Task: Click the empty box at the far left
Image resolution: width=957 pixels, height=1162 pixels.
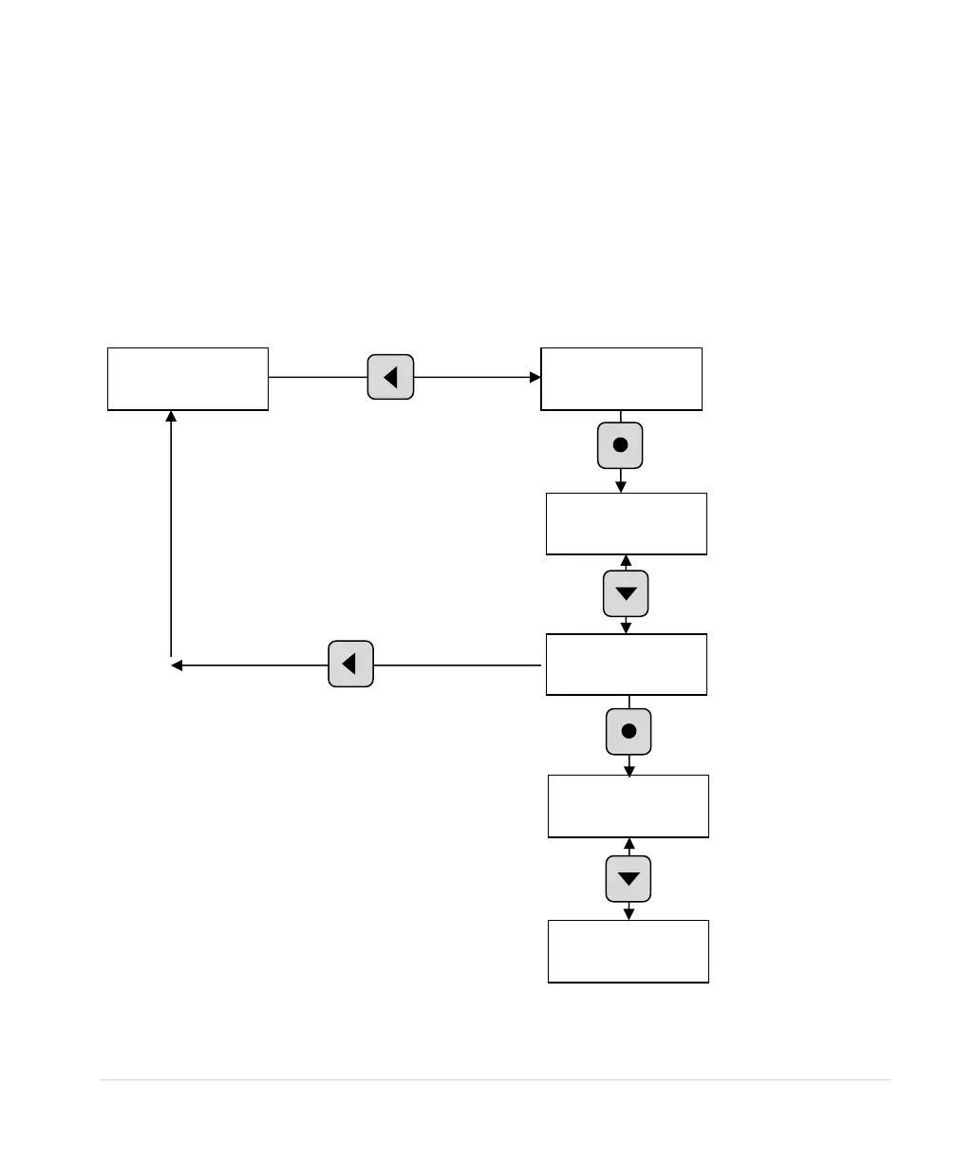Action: click(x=188, y=379)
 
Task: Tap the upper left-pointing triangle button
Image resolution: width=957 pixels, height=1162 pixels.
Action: click(x=390, y=377)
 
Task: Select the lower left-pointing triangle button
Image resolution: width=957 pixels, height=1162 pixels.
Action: click(x=350, y=665)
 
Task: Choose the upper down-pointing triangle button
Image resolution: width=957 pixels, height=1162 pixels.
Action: click(x=626, y=594)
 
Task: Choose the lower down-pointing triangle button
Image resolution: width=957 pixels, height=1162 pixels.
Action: click(x=629, y=878)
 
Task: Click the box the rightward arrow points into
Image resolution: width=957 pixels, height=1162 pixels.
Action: click(x=621, y=379)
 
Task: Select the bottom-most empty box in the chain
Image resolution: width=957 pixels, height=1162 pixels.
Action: click(x=629, y=950)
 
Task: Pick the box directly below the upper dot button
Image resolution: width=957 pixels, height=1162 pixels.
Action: click(x=626, y=523)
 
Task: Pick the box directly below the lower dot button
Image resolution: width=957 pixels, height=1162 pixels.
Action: click(x=629, y=806)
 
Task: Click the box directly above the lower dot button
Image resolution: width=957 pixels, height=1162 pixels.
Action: click(x=626, y=665)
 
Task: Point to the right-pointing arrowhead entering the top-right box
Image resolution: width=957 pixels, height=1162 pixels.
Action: click(x=535, y=377)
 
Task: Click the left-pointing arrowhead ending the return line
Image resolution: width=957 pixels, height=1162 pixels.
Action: click(x=177, y=665)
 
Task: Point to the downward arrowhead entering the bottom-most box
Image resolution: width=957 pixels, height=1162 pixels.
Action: click(x=629, y=914)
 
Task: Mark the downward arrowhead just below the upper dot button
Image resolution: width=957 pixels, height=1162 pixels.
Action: click(x=621, y=486)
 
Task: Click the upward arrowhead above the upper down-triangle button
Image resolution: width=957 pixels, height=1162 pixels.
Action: click(x=626, y=561)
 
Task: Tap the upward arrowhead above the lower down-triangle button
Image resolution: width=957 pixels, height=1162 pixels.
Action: click(x=629, y=844)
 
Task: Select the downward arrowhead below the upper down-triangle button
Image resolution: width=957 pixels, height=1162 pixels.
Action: click(x=626, y=628)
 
